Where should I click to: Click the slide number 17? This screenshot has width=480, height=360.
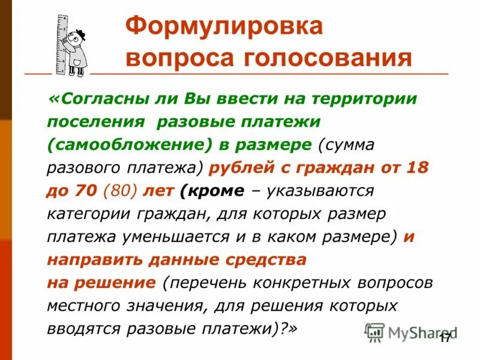pyautogui.click(x=444, y=339)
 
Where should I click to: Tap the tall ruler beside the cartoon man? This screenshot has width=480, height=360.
pyautogui.click(x=61, y=45)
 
